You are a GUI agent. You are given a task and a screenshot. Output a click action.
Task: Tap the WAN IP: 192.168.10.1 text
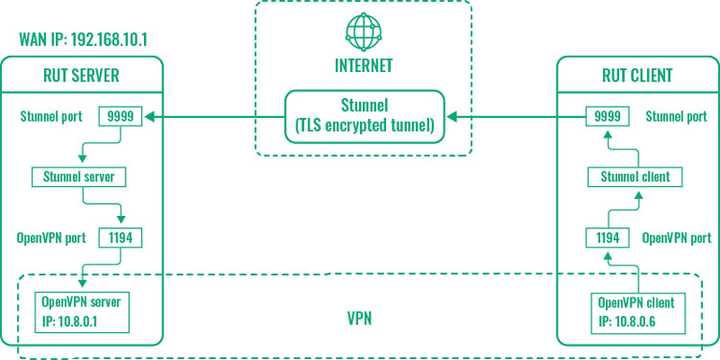[x=89, y=42]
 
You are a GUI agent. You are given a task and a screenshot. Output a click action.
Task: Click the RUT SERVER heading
[x=81, y=76]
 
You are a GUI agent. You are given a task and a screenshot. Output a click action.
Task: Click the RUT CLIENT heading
[x=638, y=76]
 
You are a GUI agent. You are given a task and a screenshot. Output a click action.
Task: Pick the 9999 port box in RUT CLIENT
[x=607, y=117]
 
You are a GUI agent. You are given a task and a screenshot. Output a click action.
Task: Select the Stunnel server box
[x=80, y=177]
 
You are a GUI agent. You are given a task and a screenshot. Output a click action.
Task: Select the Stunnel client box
[x=635, y=177]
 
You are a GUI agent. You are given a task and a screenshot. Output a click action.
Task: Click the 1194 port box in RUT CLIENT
[x=607, y=237]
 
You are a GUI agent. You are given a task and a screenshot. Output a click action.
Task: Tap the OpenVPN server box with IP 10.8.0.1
[x=81, y=309]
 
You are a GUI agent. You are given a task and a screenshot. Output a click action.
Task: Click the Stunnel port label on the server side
[x=55, y=117]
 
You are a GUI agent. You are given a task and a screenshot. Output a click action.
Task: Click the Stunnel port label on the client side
[x=677, y=117]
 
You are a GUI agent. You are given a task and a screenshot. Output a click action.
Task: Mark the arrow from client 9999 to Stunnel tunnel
[x=518, y=117]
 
